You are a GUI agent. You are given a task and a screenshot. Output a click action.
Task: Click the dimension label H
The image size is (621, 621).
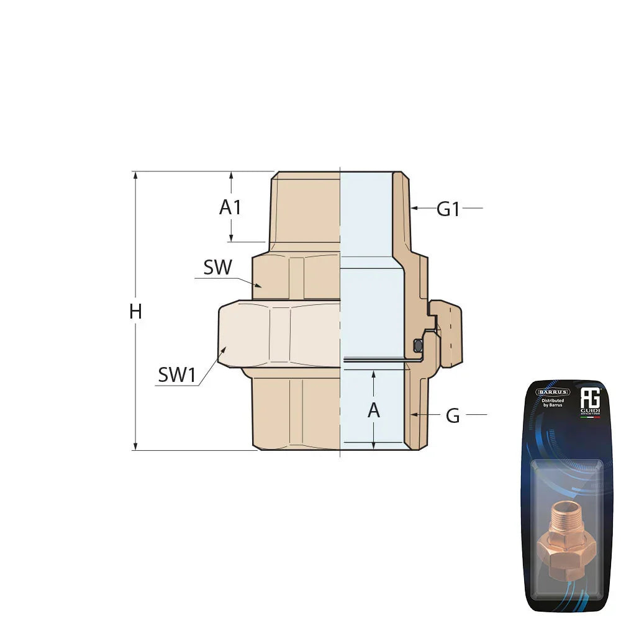(x=135, y=311)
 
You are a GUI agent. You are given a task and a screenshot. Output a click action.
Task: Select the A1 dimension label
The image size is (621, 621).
(x=230, y=207)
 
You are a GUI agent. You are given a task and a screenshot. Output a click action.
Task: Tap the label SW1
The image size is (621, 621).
(x=177, y=374)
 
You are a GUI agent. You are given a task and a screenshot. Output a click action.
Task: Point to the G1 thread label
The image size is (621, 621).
(x=448, y=209)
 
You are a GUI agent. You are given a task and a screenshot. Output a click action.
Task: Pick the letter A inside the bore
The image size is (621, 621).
(x=373, y=410)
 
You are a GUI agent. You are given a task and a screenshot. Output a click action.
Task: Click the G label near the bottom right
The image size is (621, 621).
(x=453, y=416)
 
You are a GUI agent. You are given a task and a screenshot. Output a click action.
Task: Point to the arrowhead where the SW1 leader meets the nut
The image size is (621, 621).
(x=222, y=351)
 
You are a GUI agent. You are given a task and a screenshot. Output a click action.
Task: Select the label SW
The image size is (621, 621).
(x=217, y=268)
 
